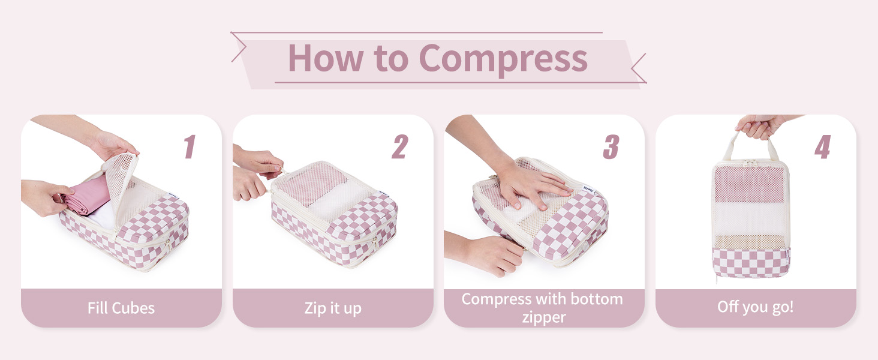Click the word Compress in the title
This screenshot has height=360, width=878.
pos(503,59)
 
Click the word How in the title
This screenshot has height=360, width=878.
pos(325,58)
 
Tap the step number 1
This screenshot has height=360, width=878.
pos(190,146)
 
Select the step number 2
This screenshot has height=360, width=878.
pos(400,146)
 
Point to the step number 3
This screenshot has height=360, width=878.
pos(612,146)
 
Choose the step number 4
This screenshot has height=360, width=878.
pos(823,146)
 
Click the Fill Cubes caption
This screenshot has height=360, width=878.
pos(121,308)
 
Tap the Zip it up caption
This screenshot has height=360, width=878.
pos(333,308)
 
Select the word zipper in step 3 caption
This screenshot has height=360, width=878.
pos(544,317)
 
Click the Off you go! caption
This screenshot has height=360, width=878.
pos(755,307)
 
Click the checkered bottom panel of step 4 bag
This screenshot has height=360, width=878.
pos(751,263)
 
